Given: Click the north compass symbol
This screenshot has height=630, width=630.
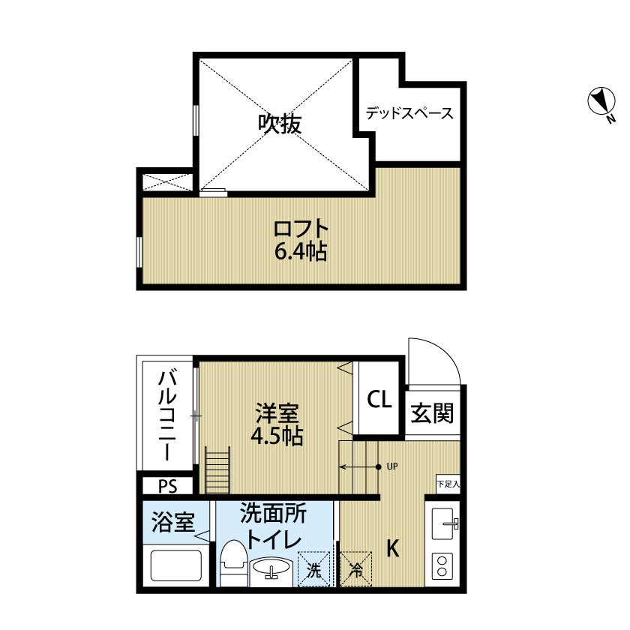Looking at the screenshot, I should click(601, 103).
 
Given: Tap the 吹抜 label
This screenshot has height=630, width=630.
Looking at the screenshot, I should click(280, 124).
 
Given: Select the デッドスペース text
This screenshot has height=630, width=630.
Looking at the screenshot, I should click(409, 114).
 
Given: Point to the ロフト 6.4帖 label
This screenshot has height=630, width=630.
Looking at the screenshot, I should click(301, 239).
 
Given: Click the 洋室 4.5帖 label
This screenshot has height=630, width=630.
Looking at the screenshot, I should click(278, 424).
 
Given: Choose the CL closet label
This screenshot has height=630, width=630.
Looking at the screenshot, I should click(379, 400).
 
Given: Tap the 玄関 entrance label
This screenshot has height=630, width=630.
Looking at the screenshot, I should click(433, 413).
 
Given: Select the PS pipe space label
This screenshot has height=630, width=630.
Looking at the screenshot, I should click(166, 487).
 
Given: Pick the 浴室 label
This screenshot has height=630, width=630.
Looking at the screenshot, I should click(173, 523).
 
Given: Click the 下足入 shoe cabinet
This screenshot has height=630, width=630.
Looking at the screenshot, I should click(447, 483).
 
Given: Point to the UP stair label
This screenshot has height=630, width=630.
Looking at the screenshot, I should click(391, 466).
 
